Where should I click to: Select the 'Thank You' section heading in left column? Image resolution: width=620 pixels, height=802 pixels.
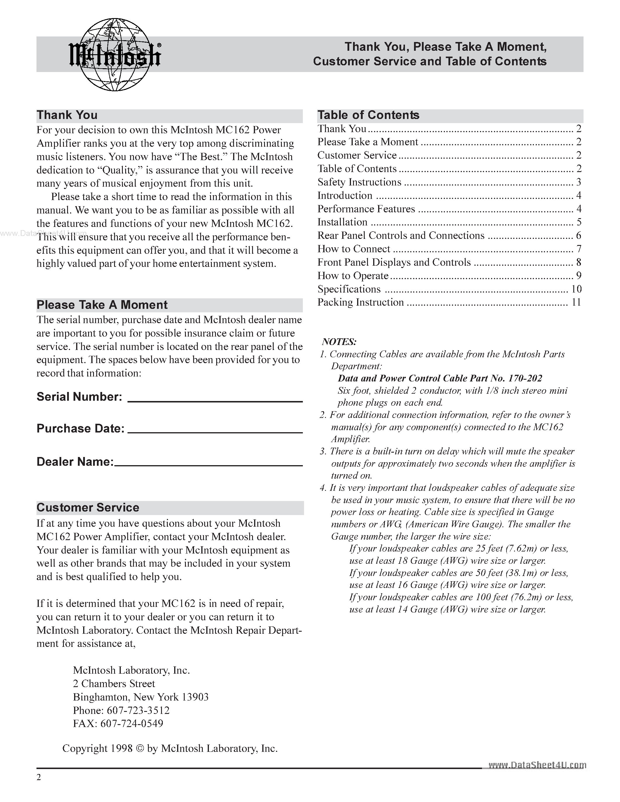67,115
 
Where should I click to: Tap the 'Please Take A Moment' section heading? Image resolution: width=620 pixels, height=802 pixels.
102,305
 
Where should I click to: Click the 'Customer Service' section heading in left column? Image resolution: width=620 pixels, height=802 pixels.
88,508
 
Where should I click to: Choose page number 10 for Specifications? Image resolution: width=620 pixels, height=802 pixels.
576,289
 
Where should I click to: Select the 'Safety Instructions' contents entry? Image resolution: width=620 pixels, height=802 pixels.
359,182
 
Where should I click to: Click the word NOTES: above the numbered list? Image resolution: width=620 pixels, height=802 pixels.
339,342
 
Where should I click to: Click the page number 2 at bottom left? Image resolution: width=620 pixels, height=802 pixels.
39,778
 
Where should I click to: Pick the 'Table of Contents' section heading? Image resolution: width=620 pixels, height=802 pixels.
368,115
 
